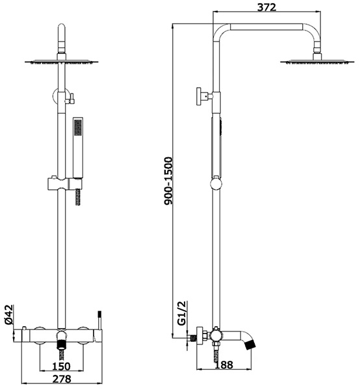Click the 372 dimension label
point(266,7)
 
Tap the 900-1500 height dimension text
point(168,181)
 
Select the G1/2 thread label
point(182,313)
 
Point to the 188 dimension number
point(224,365)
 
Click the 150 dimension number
point(62,366)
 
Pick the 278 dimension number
point(62,379)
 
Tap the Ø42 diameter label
point(9,315)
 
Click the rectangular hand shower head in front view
point(78,148)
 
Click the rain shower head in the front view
point(62,62)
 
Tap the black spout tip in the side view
point(250,344)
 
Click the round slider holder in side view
point(216,185)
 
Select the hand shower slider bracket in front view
point(64,184)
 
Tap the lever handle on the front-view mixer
point(99,326)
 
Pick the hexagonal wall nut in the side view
point(204,333)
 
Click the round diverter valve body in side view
point(216,335)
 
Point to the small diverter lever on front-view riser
point(70,98)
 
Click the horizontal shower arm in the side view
point(267,27)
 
